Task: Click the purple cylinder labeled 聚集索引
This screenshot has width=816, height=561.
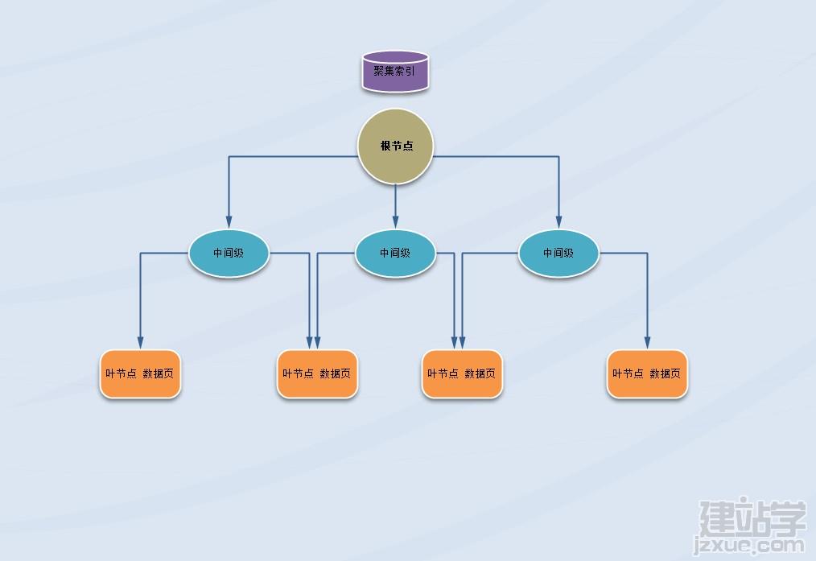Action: (395, 72)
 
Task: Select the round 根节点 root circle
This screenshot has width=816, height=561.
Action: (395, 146)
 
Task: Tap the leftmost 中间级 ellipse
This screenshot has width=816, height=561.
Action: (229, 254)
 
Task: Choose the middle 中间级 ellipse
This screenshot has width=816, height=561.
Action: (395, 254)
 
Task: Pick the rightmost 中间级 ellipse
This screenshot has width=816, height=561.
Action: (558, 254)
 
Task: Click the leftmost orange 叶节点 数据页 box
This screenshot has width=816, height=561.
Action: (140, 373)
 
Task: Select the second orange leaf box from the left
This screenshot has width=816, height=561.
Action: (317, 373)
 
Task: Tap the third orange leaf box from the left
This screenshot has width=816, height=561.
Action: (462, 373)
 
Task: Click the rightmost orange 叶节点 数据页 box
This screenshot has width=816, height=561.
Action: (647, 373)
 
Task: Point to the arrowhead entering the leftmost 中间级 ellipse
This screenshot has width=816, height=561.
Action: (229, 223)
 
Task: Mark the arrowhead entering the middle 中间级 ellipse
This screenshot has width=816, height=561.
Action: (395, 223)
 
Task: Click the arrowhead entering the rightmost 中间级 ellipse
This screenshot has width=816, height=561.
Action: (558, 223)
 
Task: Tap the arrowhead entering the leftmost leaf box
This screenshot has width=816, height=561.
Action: (140, 343)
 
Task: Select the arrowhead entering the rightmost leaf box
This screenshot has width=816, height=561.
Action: (647, 343)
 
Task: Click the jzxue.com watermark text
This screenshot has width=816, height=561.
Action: (749, 546)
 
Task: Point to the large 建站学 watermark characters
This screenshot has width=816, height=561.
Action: (752, 518)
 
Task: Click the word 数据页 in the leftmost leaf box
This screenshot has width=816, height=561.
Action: (159, 373)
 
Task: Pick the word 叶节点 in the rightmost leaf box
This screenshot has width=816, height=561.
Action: (628, 373)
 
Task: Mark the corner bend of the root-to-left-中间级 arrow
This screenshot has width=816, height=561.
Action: (229, 156)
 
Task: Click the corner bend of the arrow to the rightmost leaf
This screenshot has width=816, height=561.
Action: (647, 254)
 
